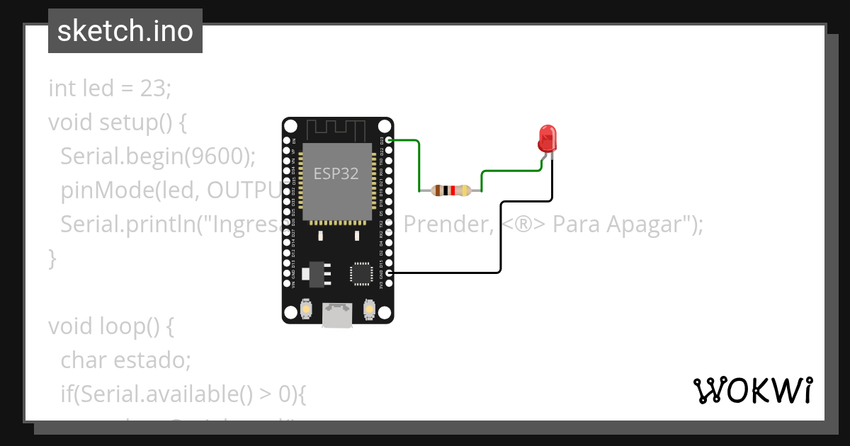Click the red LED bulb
tap(547, 138)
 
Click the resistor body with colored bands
tap(451, 190)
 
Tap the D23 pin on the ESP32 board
tap(388, 140)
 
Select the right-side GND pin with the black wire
tap(388, 273)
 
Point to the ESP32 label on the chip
tap(336, 173)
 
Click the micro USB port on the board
tap(337, 314)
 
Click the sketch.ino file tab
tap(125, 31)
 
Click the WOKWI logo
tap(752, 390)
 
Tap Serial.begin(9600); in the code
tap(157, 156)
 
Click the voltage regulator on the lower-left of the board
tap(315, 275)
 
